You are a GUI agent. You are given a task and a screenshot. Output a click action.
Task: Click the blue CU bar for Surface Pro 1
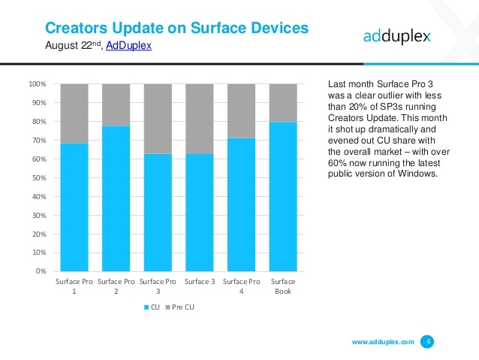(74, 207)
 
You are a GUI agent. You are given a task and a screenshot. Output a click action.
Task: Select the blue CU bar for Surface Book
(282, 196)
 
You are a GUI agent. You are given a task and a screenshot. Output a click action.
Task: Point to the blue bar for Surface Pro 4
(241, 204)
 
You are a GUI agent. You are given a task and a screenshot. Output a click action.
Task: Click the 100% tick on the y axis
(38, 84)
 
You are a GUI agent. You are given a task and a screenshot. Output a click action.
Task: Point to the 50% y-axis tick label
(40, 178)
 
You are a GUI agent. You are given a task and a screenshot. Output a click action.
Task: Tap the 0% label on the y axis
(42, 271)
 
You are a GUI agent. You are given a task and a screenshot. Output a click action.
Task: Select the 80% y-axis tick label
(40, 122)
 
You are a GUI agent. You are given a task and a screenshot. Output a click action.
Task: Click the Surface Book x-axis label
(282, 286)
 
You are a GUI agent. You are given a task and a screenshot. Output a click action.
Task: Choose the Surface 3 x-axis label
(199, 281)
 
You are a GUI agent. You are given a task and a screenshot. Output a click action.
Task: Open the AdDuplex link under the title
(129, 46)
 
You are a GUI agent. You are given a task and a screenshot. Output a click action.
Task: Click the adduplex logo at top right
(397, 36)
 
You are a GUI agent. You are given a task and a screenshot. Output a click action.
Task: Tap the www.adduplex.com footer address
(383, 343)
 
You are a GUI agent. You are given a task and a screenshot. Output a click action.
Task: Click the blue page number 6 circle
(428, 342)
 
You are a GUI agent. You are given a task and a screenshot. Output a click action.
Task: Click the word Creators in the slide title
(79, 28)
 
